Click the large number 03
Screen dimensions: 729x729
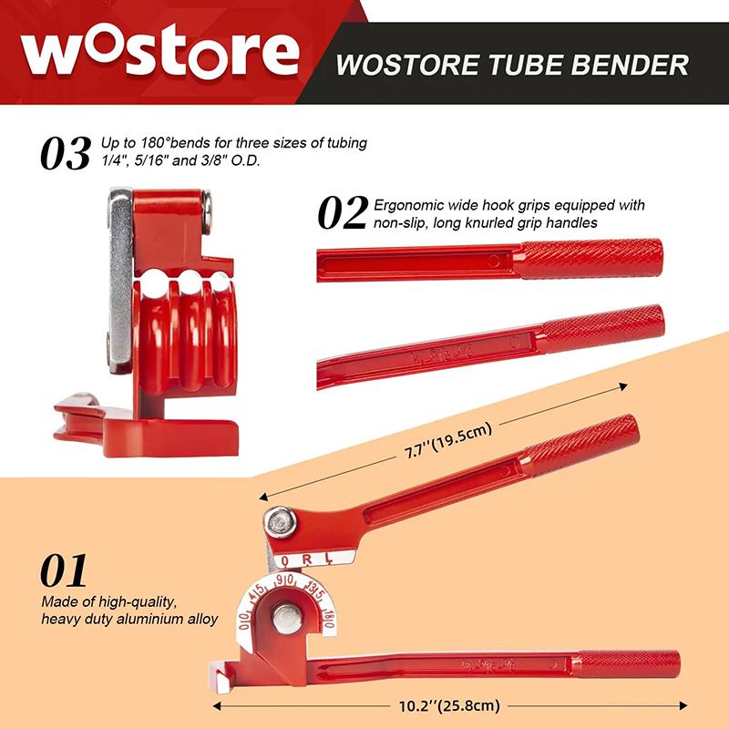[x=66, y=153]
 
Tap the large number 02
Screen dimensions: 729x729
[x=343, y=211]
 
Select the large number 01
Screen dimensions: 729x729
[x=64, y=570]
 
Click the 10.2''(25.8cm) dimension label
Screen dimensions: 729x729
[x=446, y=704]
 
